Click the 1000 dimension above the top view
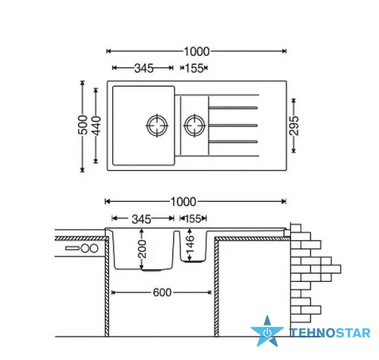point(197,51)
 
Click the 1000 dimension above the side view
point(183,202)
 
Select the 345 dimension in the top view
point(144,68)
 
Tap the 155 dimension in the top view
point(194,68)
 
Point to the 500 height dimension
point(83,125)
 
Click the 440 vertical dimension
point(96,126)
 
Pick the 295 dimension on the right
point(294,126)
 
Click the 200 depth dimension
point(142,249)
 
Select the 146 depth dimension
point(190,244)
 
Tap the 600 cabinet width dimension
point(162,292)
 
